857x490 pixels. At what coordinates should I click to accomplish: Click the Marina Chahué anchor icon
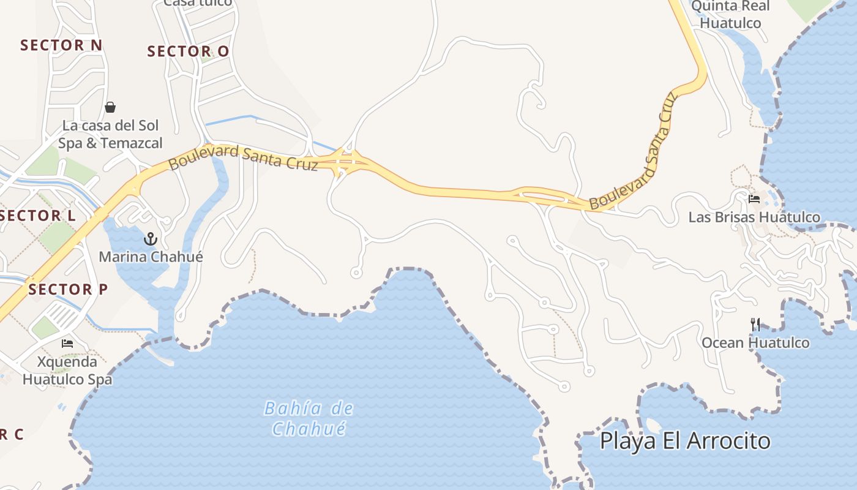coord(151,239)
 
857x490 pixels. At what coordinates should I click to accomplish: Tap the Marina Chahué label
coord(151,256)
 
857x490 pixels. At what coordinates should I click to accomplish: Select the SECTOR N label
coord(61,45)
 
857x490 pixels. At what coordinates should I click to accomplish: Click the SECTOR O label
coord(188,51)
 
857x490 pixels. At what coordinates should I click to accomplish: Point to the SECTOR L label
coord(38,216)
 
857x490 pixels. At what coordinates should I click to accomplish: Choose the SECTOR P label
coord(68,289)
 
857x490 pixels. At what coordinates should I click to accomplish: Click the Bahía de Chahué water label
coord(309,418)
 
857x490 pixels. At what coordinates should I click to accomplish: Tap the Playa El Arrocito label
coord(685,440)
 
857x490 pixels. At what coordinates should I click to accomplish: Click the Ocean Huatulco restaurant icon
coord(756,324)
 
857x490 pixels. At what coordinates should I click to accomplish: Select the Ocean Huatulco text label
coord(755,342)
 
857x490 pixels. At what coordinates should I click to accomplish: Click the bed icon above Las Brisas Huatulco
coord(754,199)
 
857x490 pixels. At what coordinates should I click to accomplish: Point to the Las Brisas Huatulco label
coord(754,217)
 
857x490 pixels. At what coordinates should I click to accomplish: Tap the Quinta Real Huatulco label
coord(730,15)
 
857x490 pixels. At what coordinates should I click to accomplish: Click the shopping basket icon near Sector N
coord(110,108)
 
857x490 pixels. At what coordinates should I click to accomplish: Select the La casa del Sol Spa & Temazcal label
coord(110,134)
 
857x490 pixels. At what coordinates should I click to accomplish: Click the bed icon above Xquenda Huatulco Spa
coord(67,344)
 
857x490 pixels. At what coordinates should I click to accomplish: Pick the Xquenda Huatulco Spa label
coord(67,370)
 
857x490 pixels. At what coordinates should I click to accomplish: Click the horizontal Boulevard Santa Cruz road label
coord(243,157)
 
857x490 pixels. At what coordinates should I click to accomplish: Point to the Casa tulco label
coord(198,2)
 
